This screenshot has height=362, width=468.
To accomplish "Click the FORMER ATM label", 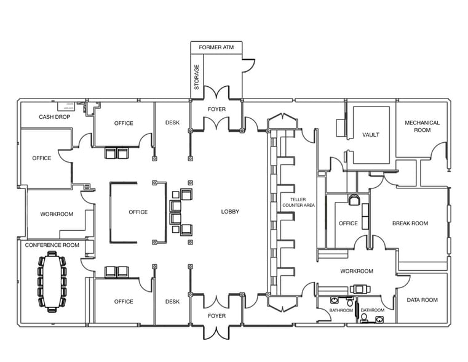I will tap(216, 47).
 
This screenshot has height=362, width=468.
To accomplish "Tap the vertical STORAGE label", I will tap(197, 77).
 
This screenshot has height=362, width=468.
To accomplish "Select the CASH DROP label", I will tap(54, 117).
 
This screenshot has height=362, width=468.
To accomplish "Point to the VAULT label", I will tap(370, 135).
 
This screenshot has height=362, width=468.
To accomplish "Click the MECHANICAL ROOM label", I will tap(422, 126).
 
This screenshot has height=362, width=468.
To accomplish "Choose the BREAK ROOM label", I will tap(410, 223).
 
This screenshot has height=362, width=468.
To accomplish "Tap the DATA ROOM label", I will tap(422, 300).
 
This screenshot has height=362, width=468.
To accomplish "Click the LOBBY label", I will tap(230, 212).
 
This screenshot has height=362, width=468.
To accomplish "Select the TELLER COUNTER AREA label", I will tap(298, 203).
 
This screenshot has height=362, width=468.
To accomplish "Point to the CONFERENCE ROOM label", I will tap(52, 245).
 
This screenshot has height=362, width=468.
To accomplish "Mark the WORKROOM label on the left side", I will tap(57, 214).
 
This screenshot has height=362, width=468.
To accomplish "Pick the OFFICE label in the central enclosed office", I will tap(138, 212).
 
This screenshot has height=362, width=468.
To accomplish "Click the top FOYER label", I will tap(216, 110).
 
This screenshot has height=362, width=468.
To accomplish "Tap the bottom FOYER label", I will tap(216, 316).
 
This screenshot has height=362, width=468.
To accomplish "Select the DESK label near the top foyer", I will tap(172, 123).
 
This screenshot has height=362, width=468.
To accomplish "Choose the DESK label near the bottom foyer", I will tap(172, 302).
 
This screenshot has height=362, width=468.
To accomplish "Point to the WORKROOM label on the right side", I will tap(357, 271).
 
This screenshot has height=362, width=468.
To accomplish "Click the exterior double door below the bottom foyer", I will tap(216, 332).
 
